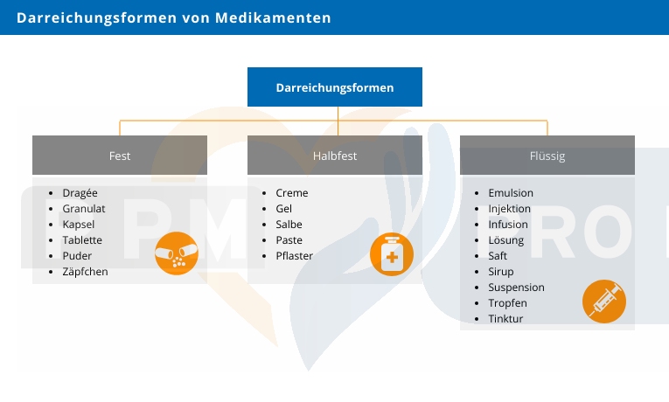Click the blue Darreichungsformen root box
(x=335, y=87)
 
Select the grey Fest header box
(x=120, y=156)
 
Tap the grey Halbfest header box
(x=335, y=156)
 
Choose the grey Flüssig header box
(x=547, y=156)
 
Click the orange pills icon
(x=177, y=253)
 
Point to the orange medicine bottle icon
(x=392, y=254)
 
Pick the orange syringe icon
(x=604, y=301)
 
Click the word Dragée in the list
(x=80, y=193)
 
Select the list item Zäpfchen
(x=86, y=272)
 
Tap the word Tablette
(x=82, y=240)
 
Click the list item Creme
(x=292, y=193)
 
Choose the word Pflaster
(x=295, y=256)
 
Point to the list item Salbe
(x=290, y=225)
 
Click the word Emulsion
(x=511, y=193)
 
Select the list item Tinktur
(x=505, y=319)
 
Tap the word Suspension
(x=516, y=288)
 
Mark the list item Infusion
(x=508, y=225)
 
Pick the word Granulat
(x=84, y=209)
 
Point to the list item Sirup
(x=501, y=272)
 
